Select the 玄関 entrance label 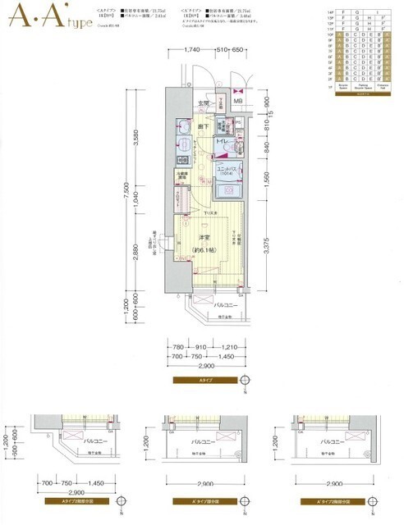(x=204, y=103)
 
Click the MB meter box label (x=237, y=102)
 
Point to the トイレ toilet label (x=222, y=142)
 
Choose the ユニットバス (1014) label (x=227, y=171)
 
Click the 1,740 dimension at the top (x=193, y=51)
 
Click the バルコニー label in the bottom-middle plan (x=202, y=440)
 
